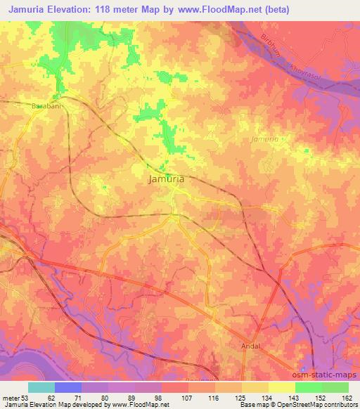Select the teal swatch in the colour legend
pos(41,387)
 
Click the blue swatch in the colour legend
pos(67,387)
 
